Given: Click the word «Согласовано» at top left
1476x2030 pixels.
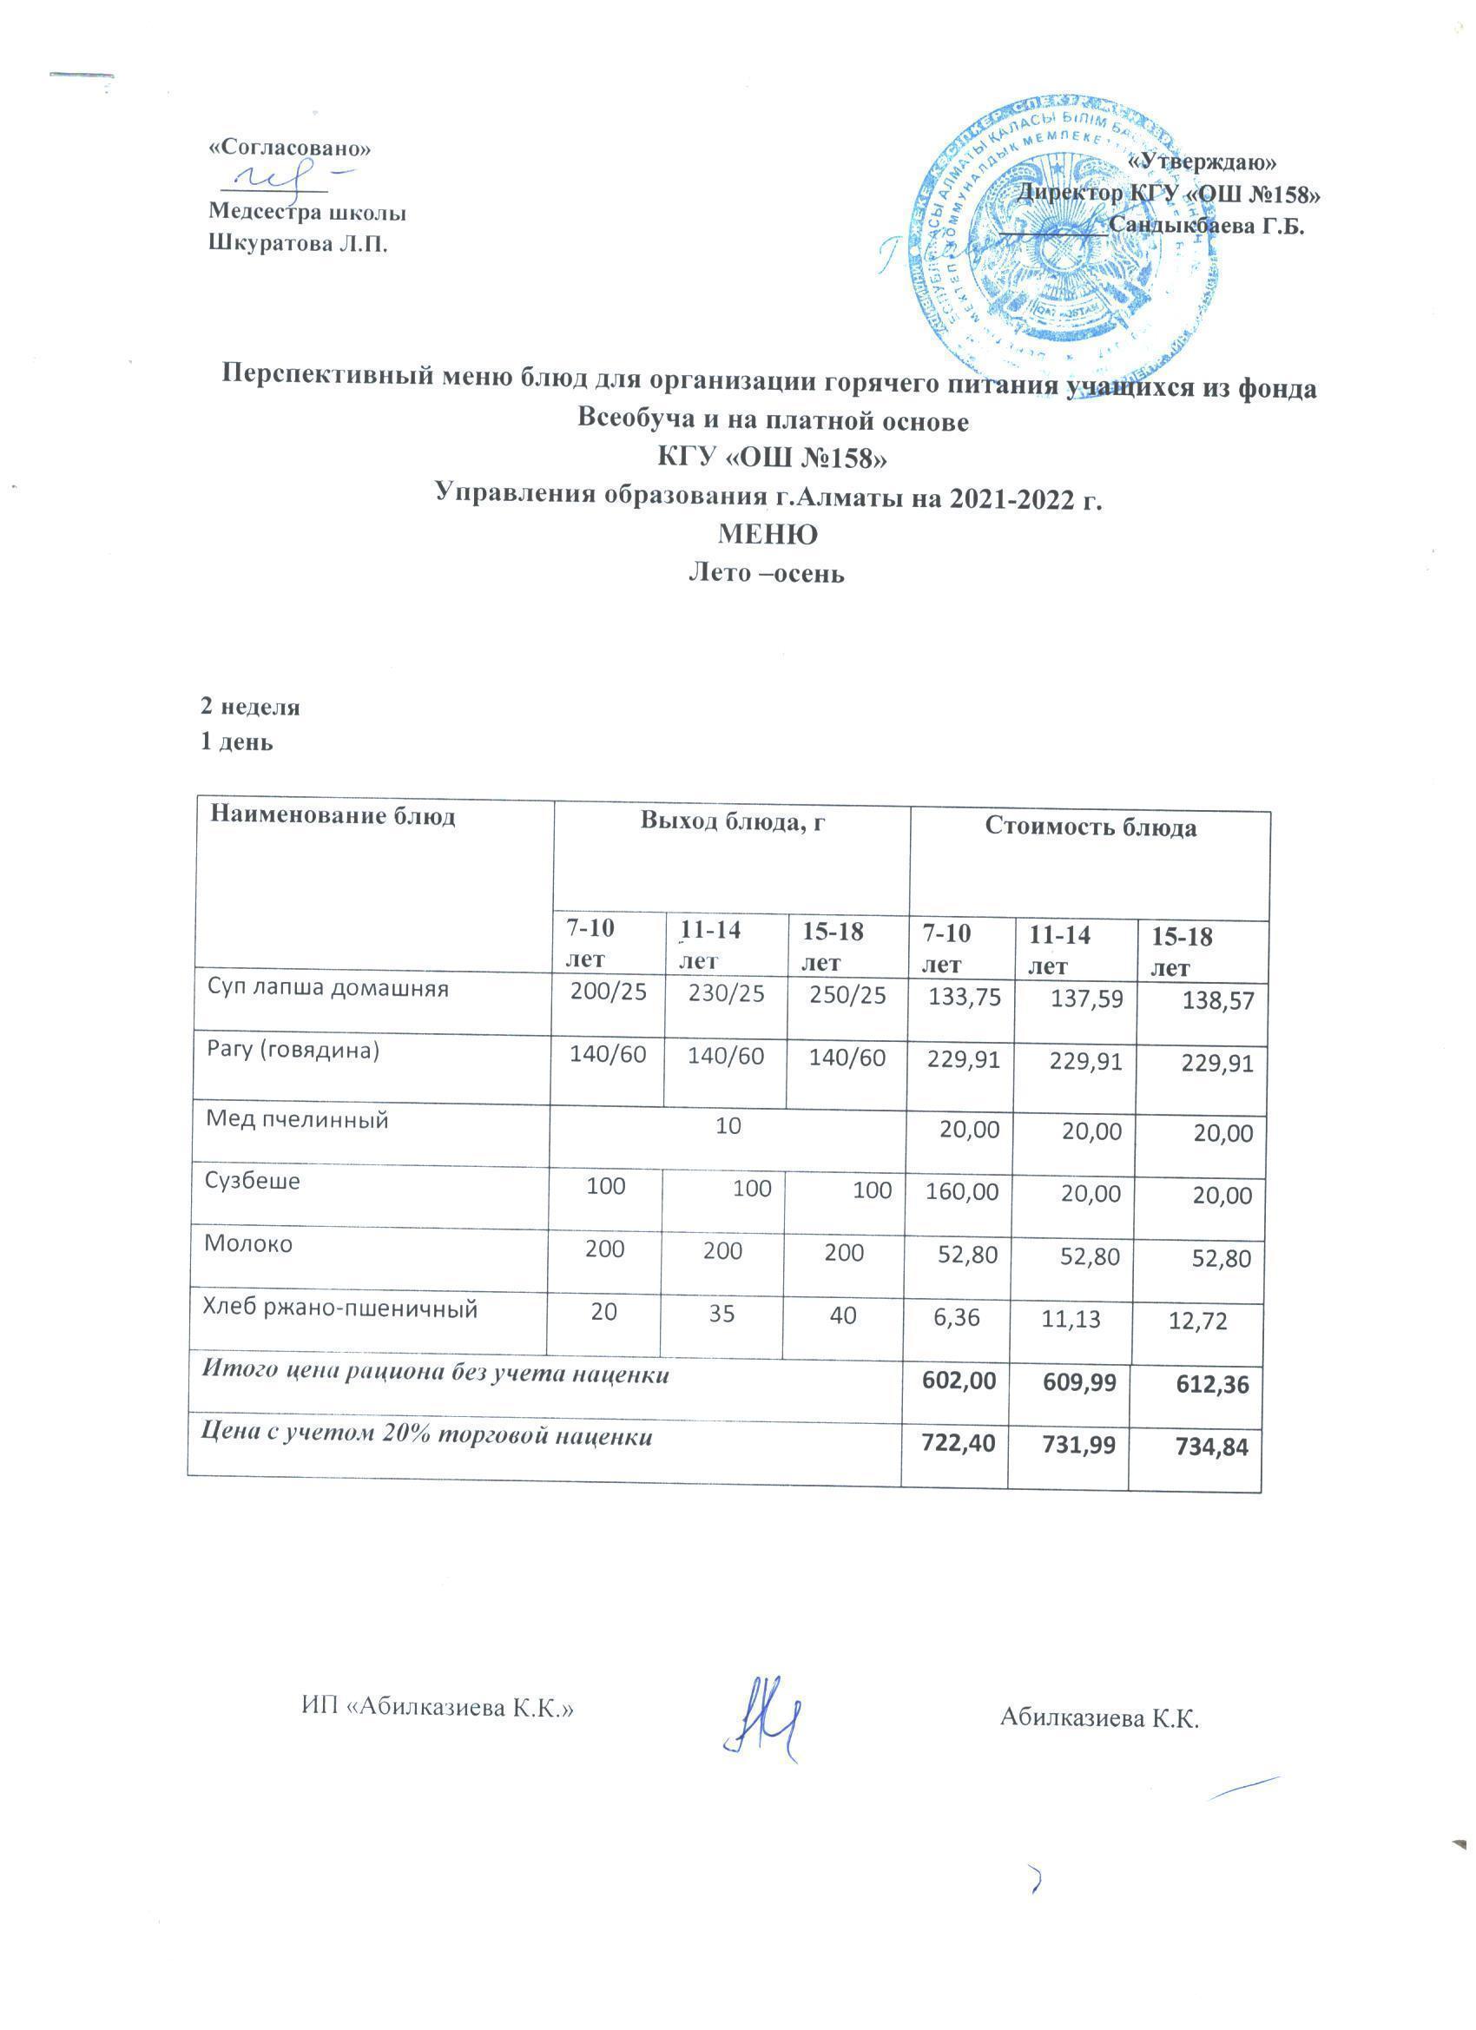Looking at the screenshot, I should pos(288,148).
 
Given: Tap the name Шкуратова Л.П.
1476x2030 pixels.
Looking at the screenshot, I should pos(298,244).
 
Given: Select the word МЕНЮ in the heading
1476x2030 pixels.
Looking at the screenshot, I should pos(768,535).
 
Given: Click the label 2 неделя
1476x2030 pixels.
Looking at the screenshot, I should pos(250,707).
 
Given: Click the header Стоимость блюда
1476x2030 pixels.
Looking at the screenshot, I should pos(1091,827).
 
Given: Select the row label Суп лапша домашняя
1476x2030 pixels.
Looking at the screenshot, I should pos(327,989).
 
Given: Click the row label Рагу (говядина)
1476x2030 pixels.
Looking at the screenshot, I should pos(293,1051).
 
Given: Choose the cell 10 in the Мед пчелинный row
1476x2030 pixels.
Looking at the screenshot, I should pos(728,1126).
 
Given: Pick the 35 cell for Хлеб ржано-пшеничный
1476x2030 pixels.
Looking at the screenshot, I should pos(722,1315).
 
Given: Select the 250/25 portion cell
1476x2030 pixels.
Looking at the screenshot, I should pos(846,995).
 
